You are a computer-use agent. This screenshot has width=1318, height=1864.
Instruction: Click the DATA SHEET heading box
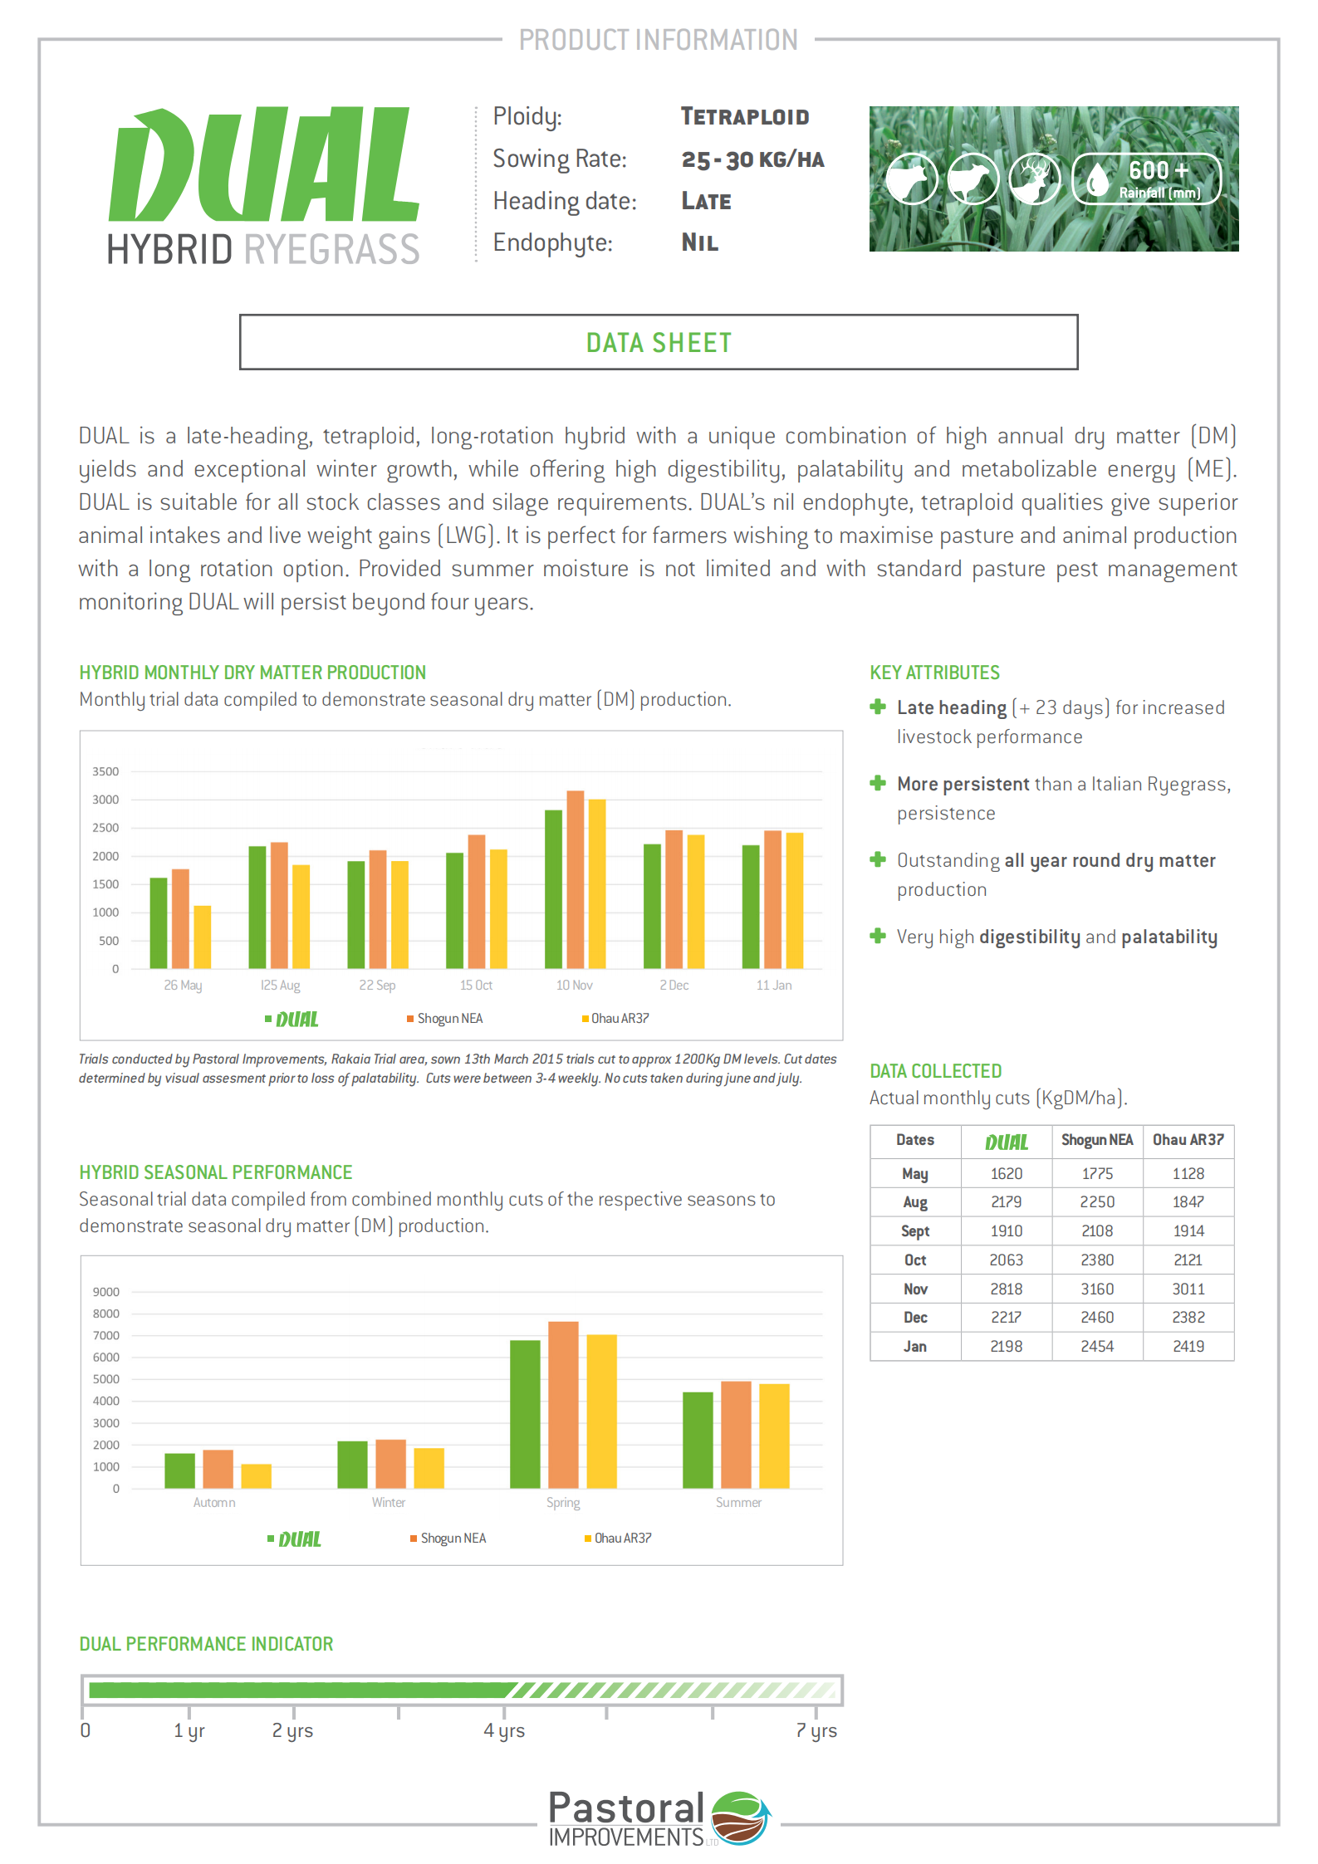pyautogui.click(x=658, y=342)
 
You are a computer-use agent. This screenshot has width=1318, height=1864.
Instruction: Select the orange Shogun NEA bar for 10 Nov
pyautogui.click(x=575, y=880)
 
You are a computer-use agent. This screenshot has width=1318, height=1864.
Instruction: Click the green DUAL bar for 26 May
pyautogui.click(x=158, y=923)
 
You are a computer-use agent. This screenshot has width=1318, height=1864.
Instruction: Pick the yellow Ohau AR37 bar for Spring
pyautogui.click(x=601, y=1411)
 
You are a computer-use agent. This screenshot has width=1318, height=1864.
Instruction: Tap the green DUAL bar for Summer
pyautogui.click(x=698, y=1440)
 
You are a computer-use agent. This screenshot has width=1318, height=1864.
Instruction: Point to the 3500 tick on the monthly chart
pyautogui.click(x=105, y=771)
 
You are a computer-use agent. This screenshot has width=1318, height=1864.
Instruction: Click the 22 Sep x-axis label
pyautogui.click(x=377, y=986)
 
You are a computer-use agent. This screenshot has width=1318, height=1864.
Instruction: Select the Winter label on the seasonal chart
pyautogui.click(x=389, y=1503)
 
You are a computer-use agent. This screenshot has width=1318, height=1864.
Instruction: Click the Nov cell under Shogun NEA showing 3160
pyautogui.click(x=1096, y=1289)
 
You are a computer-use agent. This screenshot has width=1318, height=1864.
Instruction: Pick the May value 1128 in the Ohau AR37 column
pyautogui.click(x=1188, y=1173)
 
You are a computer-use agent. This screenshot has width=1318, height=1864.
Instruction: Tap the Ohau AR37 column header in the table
pyautogui.click(x=1188, y=1140)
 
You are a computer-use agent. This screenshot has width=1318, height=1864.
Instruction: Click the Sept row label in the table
pyautogui.click(x=914, y=1230)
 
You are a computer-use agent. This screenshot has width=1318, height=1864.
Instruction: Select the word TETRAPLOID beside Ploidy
pyautogui.click(x=745, y=117)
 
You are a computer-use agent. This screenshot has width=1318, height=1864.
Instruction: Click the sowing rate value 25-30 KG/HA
pyautogui.click(x=752, y=159)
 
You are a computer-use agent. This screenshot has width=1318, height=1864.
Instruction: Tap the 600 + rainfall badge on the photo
pyautogui.click(x=1147, y=179)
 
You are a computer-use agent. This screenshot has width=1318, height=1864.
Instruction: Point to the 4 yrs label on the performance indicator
pyautogui.click(x=504, y=1730)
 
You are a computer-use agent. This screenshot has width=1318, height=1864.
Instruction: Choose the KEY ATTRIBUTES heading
pyautogui.click(x=934, y=673)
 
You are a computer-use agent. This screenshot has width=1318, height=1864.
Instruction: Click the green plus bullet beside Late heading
pyautogui.click(x=878, y=707)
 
